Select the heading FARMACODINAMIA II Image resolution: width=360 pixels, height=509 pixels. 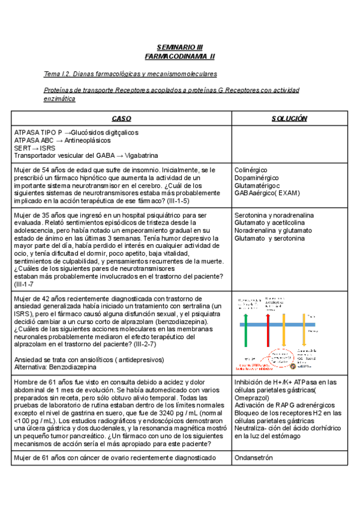click(x=179, y=56)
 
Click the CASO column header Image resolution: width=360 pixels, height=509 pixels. click(x=121, y=118)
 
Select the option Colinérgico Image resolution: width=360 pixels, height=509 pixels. click(x=251, y=170)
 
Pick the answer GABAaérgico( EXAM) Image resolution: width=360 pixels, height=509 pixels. click(x=266, y=193)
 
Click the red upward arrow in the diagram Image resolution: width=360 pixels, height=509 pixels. click(x=268, y=336)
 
